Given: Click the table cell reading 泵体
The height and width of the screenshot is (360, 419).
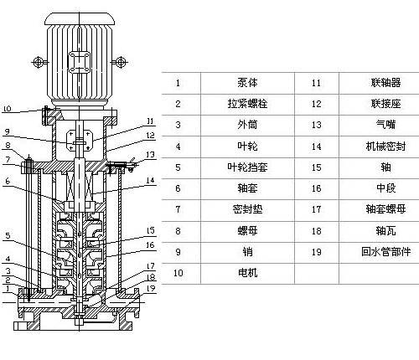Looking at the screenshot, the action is pyautogui.click(x=247, y=83).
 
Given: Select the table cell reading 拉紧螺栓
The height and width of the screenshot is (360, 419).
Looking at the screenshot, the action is pyautogui.click(x=247, y=104).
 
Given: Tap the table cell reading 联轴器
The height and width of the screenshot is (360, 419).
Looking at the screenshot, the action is pyautogui.click(x=385, y=83).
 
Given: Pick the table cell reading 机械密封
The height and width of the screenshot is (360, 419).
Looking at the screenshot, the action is pyautogui.click(x=385, y=147).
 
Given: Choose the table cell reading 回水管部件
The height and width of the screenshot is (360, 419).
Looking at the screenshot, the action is pyautogui.click(x=385, y=252).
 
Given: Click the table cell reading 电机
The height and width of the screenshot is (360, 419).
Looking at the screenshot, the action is pyautogui.click(x=247, y=273).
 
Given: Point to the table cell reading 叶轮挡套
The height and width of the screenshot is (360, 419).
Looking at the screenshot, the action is pyautogui.click(x=247, y=167).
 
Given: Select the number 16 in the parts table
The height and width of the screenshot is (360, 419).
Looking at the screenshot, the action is pyautogui.click(x=316, y=188).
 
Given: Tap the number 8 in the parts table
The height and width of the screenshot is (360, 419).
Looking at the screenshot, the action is pyautogui.click(x=178, y=231).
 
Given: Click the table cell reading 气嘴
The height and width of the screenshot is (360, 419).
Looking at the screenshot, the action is pyautogui.click(x=385, y=125).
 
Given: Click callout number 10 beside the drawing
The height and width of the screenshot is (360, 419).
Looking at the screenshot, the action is pyautogui.click(x=7, y=108).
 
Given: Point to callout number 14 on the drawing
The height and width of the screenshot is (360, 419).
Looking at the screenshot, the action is pyautogui.click(x=150, y=180).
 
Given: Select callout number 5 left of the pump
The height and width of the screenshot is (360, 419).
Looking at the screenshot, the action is pyautogui.click(x=8, y=235).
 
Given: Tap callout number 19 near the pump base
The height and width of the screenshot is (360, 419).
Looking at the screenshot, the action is pyautogui.click(x=151, y=288).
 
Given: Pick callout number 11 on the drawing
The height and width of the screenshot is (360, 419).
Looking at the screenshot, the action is pyautogui.click(x=150, y=121).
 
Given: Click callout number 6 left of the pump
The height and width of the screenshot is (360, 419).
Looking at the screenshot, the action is pyautogui.click(x=8, y=181).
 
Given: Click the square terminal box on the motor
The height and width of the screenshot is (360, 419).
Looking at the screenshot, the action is pyautogui.click(x=80, y=62).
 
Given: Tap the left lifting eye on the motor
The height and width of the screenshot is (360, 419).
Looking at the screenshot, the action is pyautogui.click(x=38, y=62).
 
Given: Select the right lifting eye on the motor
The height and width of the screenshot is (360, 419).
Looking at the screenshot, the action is pyautogui.click(x=121, y=62).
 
